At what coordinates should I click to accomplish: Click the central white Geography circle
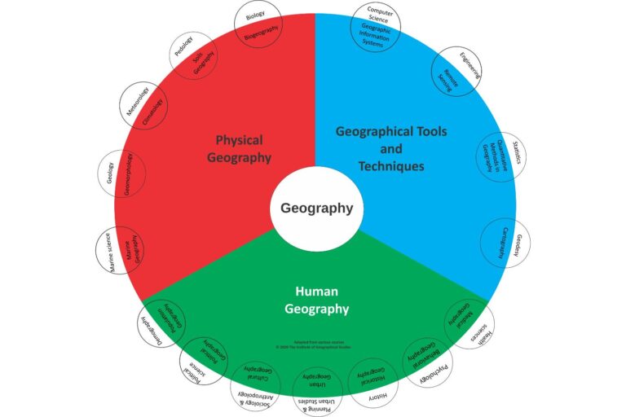[316, 208]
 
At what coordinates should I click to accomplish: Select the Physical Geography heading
[244, 148]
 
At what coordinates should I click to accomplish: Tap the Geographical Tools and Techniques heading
[391, 148]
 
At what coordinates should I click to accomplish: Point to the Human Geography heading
[316, 300]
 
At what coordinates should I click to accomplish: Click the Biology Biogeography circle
[258, 24]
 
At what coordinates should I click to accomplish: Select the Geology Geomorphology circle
[121, 173]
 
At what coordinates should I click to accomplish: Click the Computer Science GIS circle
[375, 28]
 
